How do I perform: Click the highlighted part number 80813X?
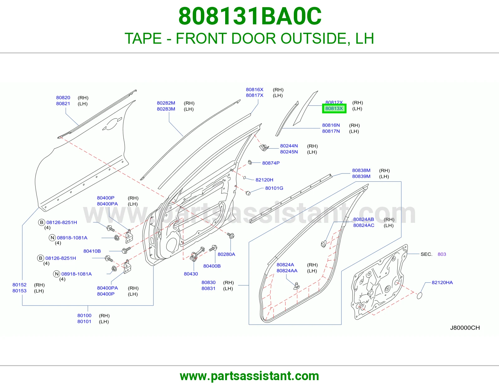click(334, 109)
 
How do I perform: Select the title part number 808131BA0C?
click(250, 16)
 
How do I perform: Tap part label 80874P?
click(271, 163)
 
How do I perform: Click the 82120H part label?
click(264, 180)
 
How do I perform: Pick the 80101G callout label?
click(274, 188)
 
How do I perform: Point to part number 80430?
click(191, 274)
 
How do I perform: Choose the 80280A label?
click(226, 254)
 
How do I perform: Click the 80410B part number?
click(92, 251)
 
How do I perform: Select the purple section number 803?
click(442, 254)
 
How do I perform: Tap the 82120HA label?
click(442, 282)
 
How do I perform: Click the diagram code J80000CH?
click(465, 328)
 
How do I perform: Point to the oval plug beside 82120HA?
click(419, 296)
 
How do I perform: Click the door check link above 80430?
click(197, 254)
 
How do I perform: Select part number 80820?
click(63, 98)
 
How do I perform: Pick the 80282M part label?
click(166, 103)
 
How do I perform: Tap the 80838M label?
click(361, 170)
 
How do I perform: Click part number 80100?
click(84, 316)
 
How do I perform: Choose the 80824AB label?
click(364, 219)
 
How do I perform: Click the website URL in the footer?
click(249, 376)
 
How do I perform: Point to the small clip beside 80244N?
click(264, 147)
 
